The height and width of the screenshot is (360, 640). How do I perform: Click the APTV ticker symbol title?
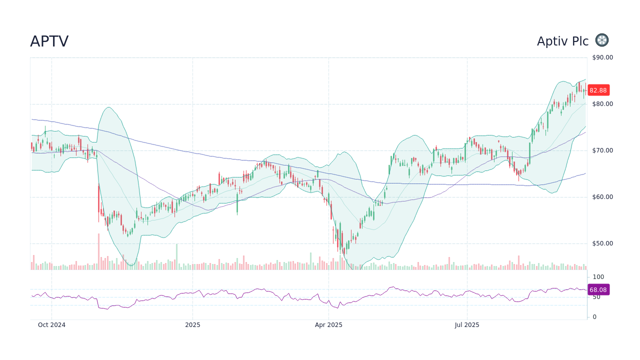49,41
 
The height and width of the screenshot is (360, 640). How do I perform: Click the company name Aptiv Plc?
562,41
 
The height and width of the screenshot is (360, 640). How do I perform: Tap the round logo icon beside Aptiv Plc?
602,40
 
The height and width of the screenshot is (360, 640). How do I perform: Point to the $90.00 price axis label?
602,57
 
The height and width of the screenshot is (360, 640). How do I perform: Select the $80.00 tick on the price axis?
602,104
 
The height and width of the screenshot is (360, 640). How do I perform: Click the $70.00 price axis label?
602,150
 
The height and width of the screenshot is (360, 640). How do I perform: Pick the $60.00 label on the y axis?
602,197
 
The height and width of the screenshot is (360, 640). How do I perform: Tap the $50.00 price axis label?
602,243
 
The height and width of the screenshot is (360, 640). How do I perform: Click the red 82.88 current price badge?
598,90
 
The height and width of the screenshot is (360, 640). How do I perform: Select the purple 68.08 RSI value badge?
598,290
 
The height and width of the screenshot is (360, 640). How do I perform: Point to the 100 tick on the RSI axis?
598,277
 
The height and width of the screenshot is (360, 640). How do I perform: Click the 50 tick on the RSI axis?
596,297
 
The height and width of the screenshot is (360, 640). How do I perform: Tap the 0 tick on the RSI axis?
594,317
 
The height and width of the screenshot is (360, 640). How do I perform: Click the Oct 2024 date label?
51,325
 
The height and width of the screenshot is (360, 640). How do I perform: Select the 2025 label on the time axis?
192,325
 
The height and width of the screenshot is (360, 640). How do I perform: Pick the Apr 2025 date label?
328,325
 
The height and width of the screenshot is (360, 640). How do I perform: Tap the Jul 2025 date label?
467,325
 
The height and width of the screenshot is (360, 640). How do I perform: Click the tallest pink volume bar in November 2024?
98,252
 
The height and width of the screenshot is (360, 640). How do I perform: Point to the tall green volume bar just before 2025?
176,257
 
